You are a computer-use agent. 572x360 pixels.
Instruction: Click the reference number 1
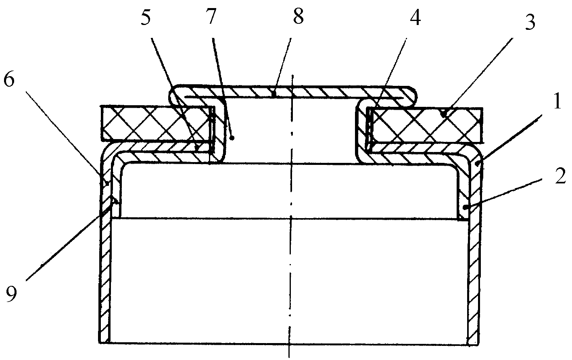point(557,101)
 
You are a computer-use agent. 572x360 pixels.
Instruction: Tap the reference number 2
point(560,176)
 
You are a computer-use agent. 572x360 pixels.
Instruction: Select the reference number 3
point(530,23)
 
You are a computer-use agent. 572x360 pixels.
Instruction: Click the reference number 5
point(146,17)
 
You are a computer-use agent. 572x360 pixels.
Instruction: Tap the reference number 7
point(211,17)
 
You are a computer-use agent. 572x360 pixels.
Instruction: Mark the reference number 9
point(11,294)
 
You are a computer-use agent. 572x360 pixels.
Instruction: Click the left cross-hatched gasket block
point(158,123)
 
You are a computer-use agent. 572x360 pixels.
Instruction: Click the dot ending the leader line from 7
point(232,138)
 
